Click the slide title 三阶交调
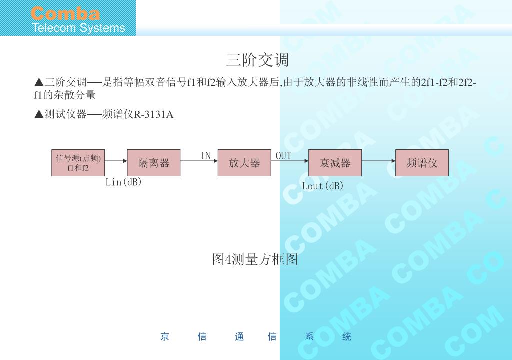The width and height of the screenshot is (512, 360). [x=257, y=60]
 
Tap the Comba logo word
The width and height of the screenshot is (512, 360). [x=65, y=13]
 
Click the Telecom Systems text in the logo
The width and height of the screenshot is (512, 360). [x=78, y=28]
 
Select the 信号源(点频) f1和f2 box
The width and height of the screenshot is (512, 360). [x=78, y=163]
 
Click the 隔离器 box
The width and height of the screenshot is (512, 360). [x=154, y=163]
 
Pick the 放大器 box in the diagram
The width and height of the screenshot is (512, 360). [x=244, y=163]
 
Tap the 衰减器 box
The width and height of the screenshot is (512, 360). [x=335, y=163]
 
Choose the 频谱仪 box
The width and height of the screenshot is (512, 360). [x=422, y=163]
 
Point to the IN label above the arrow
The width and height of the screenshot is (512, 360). [x=206, y=156]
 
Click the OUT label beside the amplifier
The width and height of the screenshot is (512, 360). [x=283, y=156]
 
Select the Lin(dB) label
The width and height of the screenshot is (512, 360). [x=124, y=182]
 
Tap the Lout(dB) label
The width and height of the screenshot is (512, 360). [x=323, y=186]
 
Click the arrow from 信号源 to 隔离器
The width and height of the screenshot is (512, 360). [x=116, y=161]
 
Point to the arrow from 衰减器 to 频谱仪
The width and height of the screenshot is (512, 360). [x=378, y=161]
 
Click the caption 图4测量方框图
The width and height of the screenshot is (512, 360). [x=255, y=260]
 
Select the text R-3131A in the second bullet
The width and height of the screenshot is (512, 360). [x=154, y=115]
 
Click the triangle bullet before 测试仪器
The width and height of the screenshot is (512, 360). [x=39, y=115]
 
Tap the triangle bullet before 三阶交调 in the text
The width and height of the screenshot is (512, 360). [x=39, y=82]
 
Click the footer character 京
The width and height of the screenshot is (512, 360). [x=165, y=337]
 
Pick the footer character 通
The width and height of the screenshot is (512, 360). [x=239, y=337]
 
